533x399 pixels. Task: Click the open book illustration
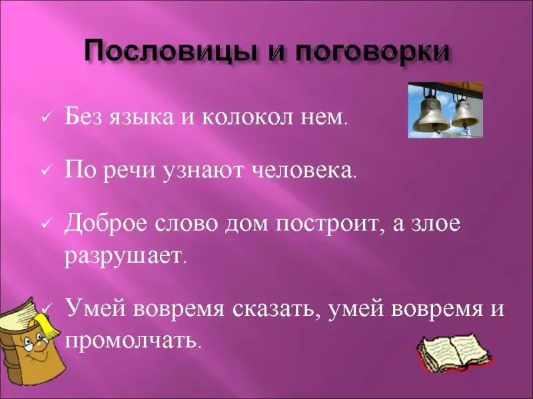coord(454,353)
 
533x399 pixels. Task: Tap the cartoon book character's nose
coord(41,346)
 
